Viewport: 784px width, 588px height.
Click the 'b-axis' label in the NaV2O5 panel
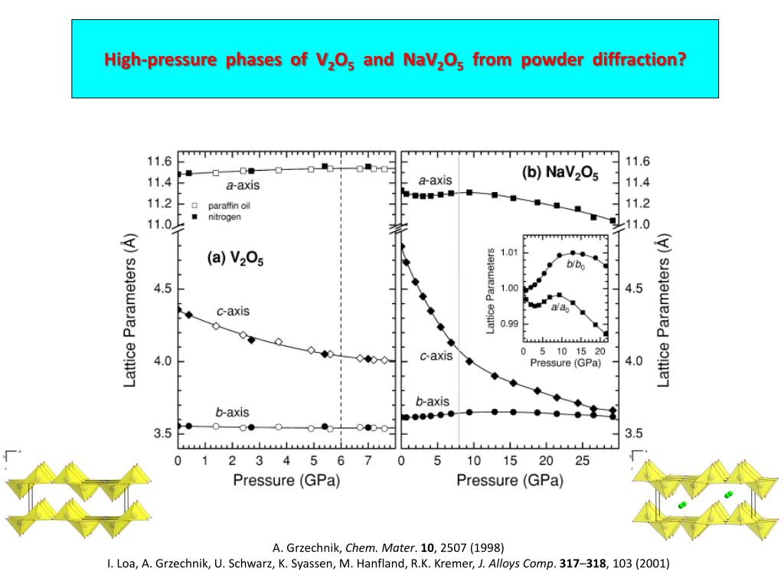432,401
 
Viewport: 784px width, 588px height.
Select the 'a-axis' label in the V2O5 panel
243,185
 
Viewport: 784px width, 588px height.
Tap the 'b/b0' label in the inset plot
575,264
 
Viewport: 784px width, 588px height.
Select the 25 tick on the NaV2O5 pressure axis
583,461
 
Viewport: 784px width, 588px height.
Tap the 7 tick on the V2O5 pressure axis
368,461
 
